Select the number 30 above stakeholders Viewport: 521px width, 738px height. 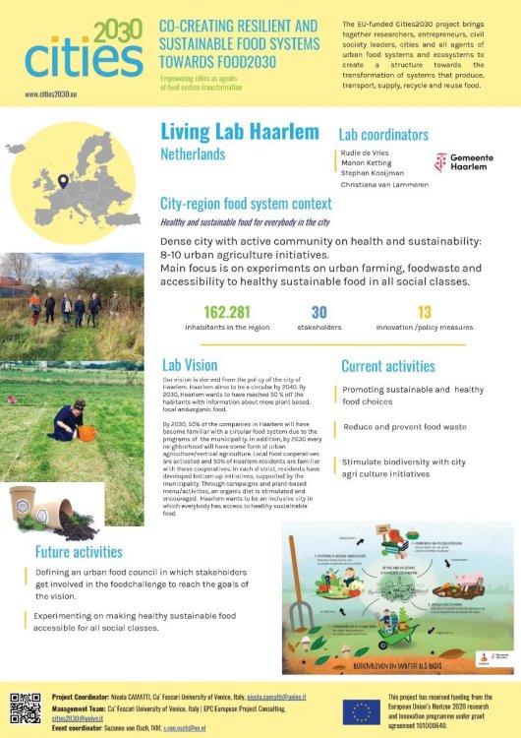click(318, 312)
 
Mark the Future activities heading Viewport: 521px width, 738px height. click(81, 552)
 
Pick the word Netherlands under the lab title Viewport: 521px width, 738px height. click(193, 154)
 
